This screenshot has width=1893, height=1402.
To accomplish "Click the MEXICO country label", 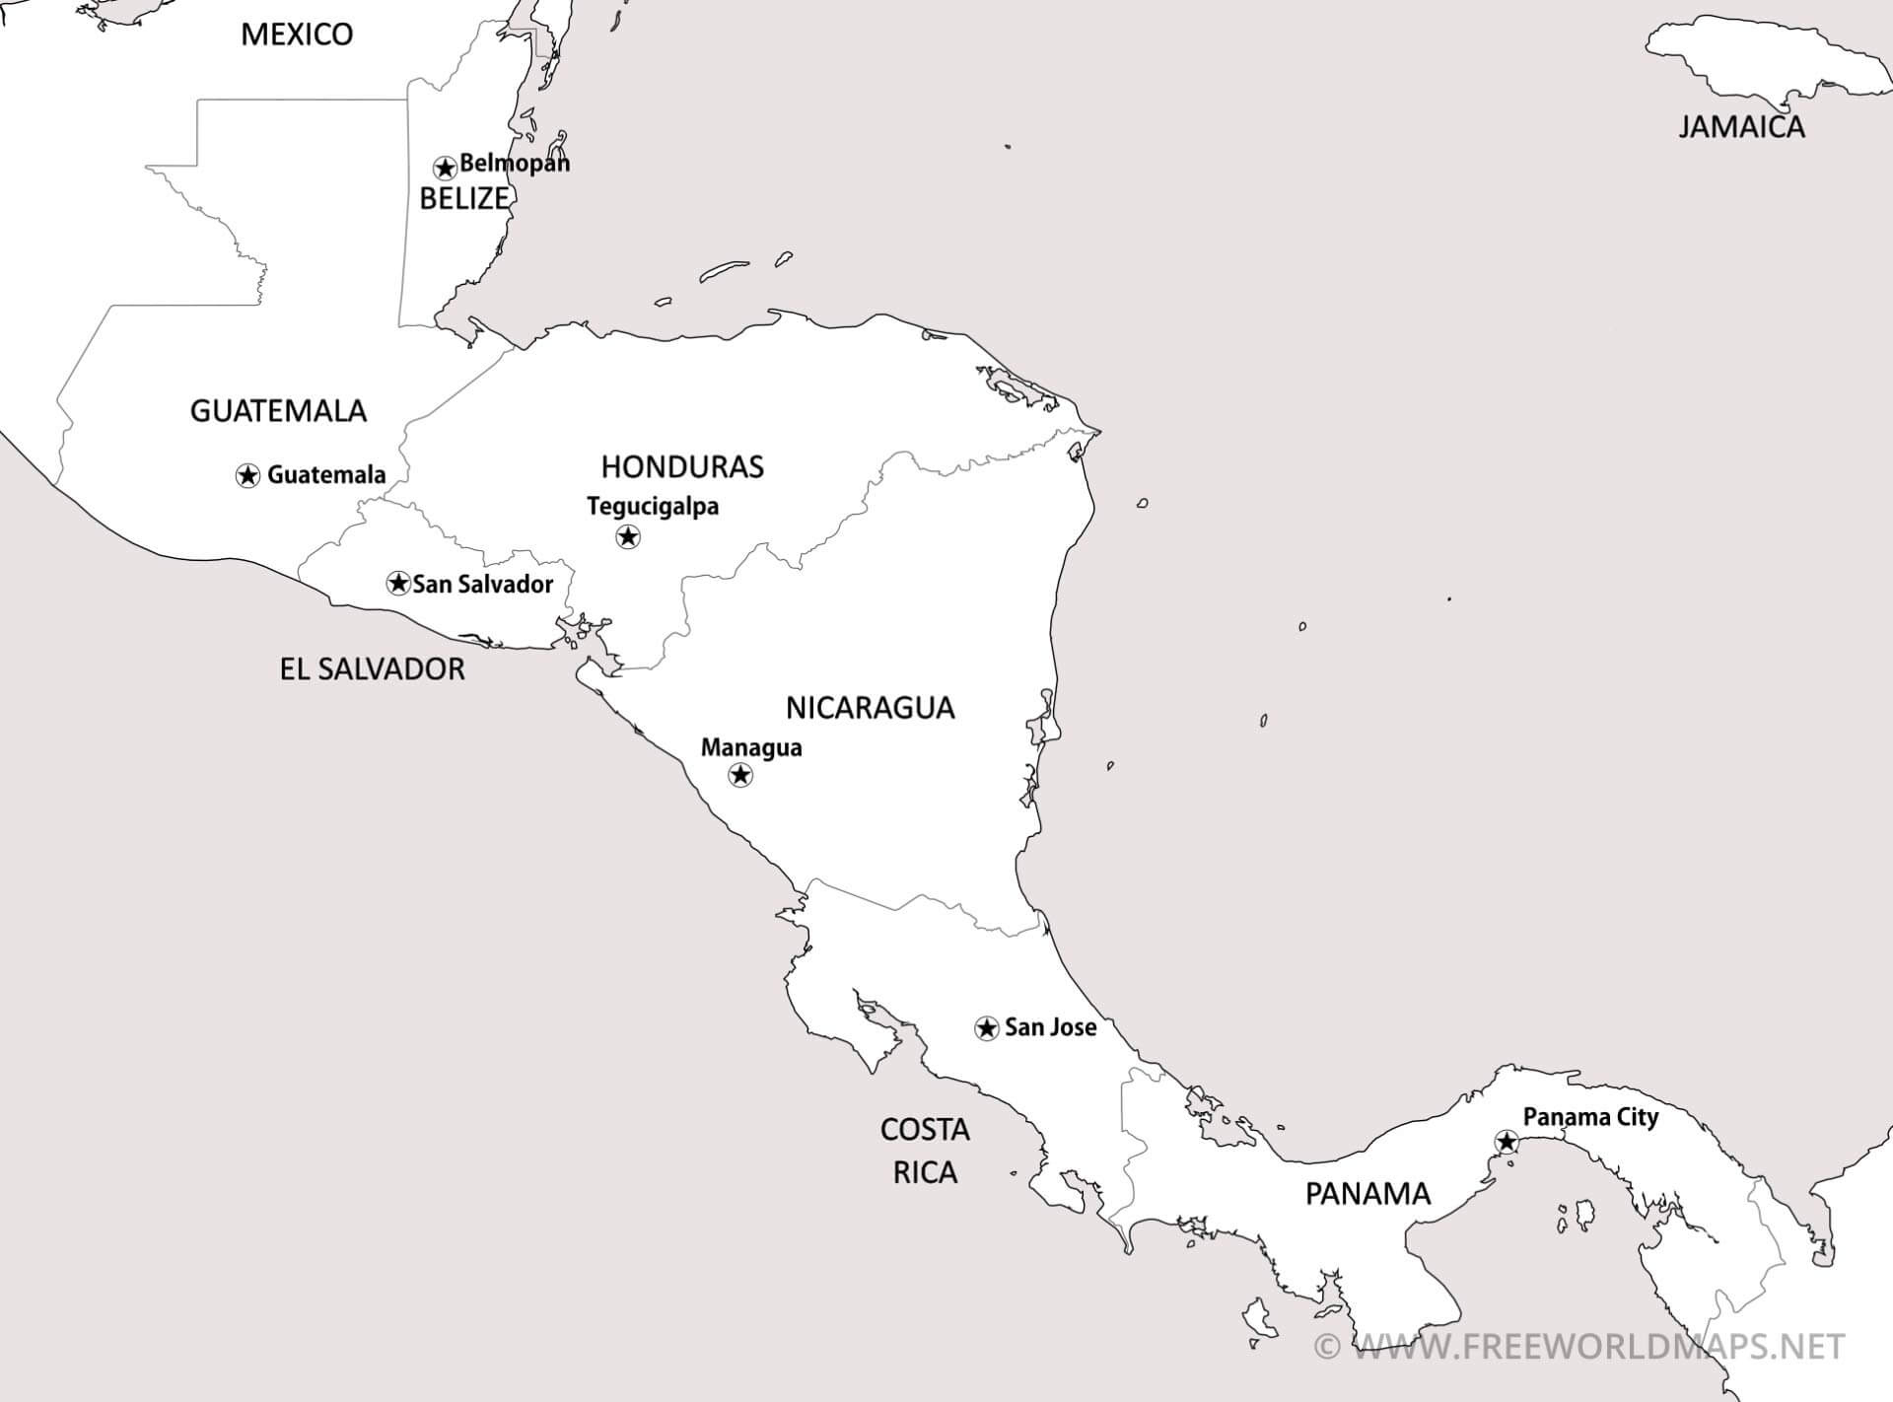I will pyautogui.click(x=297, y=35).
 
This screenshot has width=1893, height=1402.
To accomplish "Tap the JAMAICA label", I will pyautogui.click(x=1741, y=126).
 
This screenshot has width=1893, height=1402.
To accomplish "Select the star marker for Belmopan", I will pyautogui.click(x=445, y=167).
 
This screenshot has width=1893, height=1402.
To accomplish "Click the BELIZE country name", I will pyautogui.click(x=463, y=198).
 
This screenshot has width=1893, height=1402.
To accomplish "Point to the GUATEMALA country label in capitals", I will pyautogui.click(x=278, y=410).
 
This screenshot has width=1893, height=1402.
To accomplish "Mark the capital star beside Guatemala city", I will pyautogui.click(x=247, y=475).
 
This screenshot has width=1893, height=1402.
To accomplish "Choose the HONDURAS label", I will pyautogui.click(x=682, y=466).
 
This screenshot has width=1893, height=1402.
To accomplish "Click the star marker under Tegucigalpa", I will pyautogui.click(x=628, y=536).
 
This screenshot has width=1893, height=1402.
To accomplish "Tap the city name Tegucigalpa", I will pyautogui.click(x=653, y=506).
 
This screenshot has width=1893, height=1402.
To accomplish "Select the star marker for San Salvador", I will pyautogui.click(x=398, y=583).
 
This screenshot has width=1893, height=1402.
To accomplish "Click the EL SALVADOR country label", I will pyautogui.click(x=372, y=669).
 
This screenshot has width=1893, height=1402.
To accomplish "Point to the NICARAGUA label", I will pyautogui.click(x=870, y=707).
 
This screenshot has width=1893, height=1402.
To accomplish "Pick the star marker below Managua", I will pyautogui.click(x=739, y=775).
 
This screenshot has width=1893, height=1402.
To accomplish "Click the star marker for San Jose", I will pyautogui.click(x=985, y=1028).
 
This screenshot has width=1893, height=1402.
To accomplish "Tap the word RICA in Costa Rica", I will pyautogui.click(x=925, y=1172).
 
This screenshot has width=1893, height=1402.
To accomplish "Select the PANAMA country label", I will pyautogui.click(x=1367, y=1194).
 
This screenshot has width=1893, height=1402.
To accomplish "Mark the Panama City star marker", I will pyautogui.click(x=1506, y=1142).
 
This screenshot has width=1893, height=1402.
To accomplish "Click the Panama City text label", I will pyautogui.click(x=1590, y=1117).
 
